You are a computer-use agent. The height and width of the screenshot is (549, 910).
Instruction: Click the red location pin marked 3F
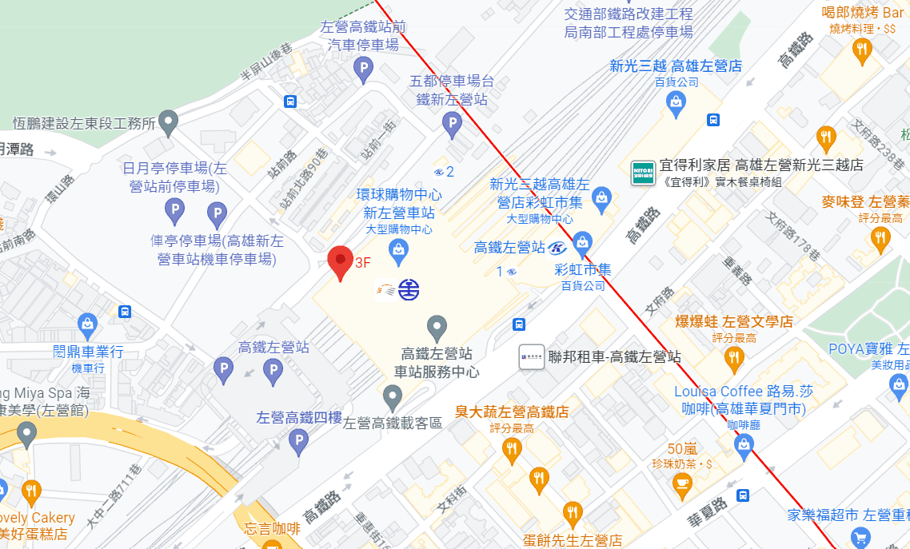tap(341, 261)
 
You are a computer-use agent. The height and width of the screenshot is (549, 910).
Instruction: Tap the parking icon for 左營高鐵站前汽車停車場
tap(364, 70)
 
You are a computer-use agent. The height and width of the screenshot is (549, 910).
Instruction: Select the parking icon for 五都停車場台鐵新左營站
tap(452, 124)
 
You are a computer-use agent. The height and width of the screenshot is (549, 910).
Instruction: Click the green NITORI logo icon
tap(643, 173)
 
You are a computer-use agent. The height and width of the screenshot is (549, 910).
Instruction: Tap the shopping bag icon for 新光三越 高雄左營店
tap(677, 101)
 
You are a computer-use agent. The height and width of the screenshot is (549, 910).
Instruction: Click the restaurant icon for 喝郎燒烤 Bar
tap(862, 51)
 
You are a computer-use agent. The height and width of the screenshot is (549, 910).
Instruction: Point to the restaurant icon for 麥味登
tap(880, 238)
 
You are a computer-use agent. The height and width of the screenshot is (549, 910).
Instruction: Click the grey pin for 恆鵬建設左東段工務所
tap(168, 122)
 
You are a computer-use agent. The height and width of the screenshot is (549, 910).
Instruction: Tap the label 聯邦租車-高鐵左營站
tap(614, 356)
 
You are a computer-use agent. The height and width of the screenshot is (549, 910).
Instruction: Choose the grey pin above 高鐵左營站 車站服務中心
tap(436, 327)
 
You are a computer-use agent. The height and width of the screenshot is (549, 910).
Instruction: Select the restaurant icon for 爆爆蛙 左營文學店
tap(733, 358)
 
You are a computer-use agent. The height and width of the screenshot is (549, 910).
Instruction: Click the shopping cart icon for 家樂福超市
tap(860, 537)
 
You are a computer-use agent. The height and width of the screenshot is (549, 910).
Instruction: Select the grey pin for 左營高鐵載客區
tap(392, 396)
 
